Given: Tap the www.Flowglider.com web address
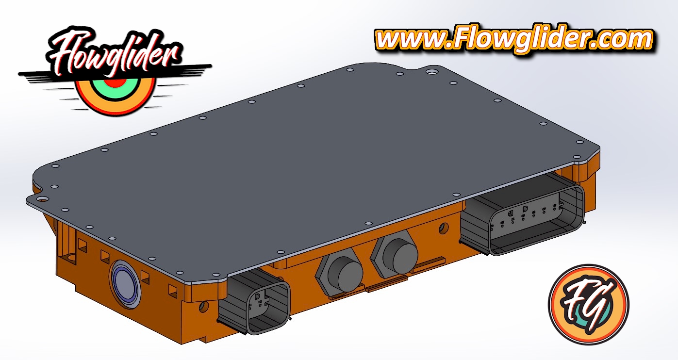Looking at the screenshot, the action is [514, 39].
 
